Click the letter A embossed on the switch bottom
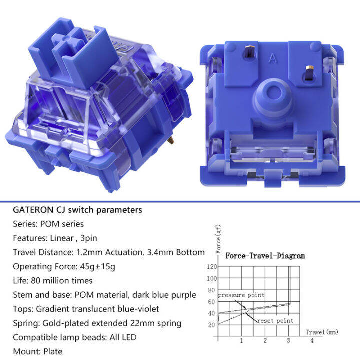coord(273,58)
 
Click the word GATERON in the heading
coord(33,210)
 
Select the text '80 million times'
coord(62,281)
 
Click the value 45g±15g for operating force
coord(98,267)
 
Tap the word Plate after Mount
coord(53,351)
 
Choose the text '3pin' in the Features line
coord(89,238)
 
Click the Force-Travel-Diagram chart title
coord(265,256)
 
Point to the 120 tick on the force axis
coord(211,267)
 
